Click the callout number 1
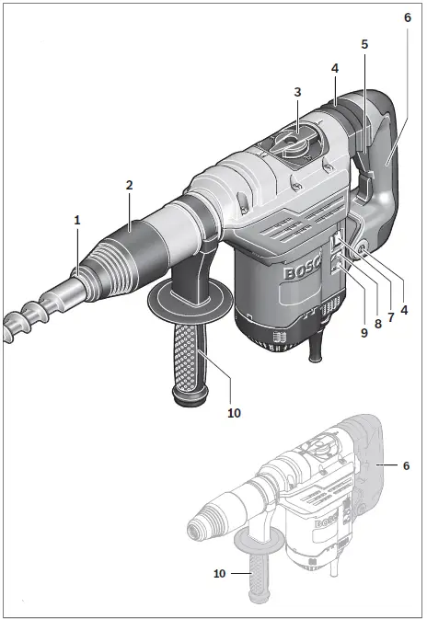pyautogui.click(x=77, y=220)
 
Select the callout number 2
pyautogui.click(x=130, y=185)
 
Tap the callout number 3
pyautogui.click(x=297, y=92)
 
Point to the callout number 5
pyautogui.click(x=364, y=43)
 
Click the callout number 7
pyautogui.click(x=391, y=317)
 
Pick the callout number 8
pyautogui.click(x=378, y=325)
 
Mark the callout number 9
pyautogui.click(x=364, y=332)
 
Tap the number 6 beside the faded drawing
pyautogui.click(x=405, y=466)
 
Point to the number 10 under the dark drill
pyautogui.click(x=234, y=413)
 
